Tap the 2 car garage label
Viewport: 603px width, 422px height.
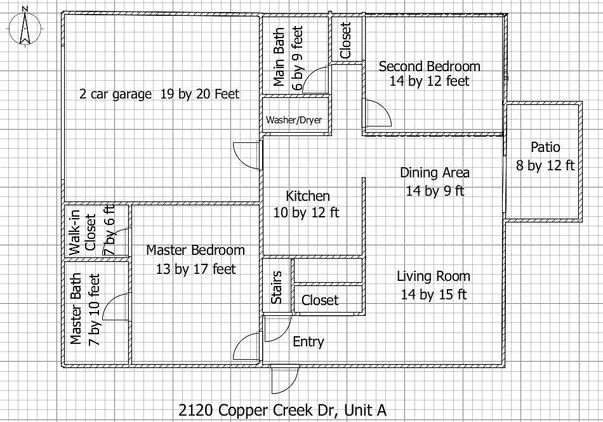tap(116, 94)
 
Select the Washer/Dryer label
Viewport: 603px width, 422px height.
tap(294, 119)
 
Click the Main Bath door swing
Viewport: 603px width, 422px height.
tap(316, 79)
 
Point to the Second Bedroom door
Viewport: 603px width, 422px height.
tap(377, 113)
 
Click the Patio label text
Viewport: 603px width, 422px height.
tap(545, 147)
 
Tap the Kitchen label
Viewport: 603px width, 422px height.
tap(308, 196)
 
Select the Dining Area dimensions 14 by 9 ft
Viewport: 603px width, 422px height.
tap(435, 191)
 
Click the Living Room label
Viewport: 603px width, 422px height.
tap(434, 276)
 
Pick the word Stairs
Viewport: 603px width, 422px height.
tap(277, 287)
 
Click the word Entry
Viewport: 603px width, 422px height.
tap(308, 341)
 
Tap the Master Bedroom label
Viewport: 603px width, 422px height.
tap(195, 250)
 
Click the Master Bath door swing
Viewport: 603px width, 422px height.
tap(117, 306)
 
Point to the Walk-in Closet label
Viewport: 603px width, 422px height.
tap(83, 233)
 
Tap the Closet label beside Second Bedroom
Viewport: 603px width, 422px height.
tap(345, 41)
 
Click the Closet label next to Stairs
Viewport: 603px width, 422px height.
tap(320, 300)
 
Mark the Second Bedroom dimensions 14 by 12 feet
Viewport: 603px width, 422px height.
tap(430, 81)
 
